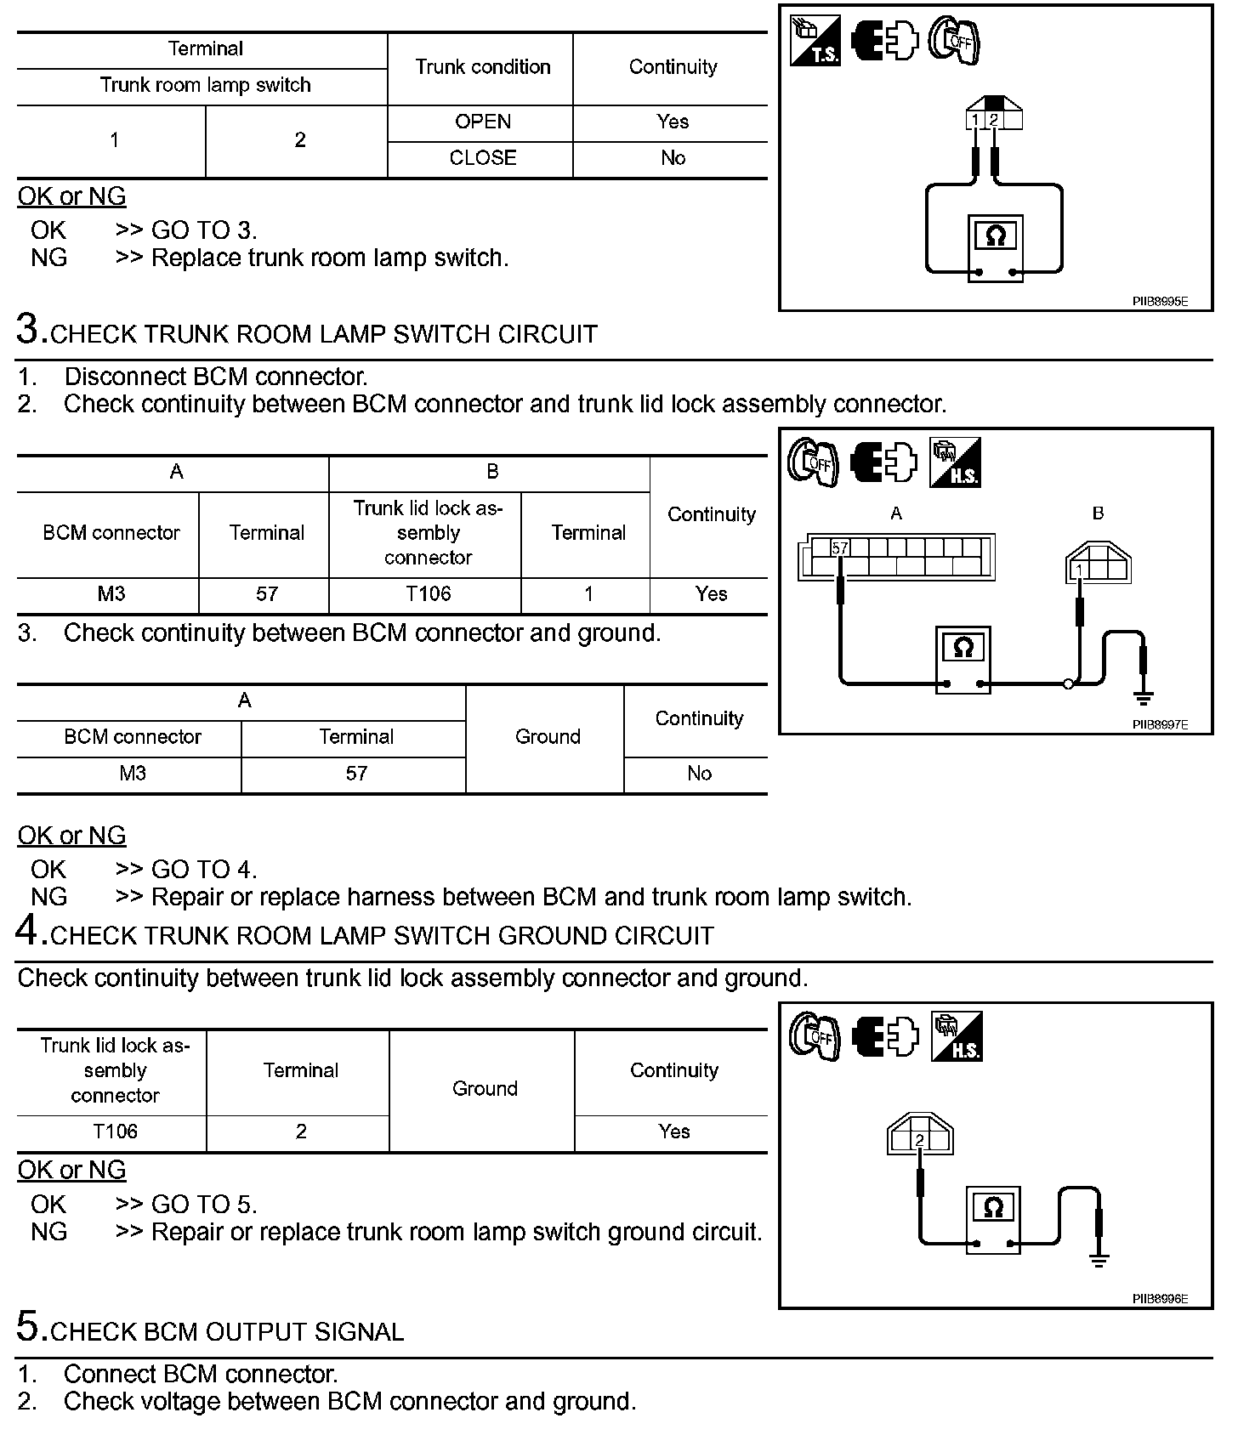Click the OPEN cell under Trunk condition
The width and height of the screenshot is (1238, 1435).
[482, 122]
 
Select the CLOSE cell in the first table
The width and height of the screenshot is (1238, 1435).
[482, 158]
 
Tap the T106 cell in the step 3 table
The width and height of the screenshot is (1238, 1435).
[428, 594]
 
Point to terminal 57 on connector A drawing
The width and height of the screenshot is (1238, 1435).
[840, 548]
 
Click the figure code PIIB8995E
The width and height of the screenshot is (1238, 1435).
[1160, 301]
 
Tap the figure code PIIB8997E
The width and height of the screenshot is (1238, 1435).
[1160, 725]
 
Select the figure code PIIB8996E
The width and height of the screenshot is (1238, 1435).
[1160, 1299]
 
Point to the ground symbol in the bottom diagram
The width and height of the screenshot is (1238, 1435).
[1099, 1260]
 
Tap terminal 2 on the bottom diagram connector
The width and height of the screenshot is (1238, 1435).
[919, 1141]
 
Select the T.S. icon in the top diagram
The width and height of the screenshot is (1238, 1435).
[815, 40]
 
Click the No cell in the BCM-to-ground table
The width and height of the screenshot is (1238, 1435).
[699, 774]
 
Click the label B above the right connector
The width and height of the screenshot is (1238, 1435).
[1098, 513]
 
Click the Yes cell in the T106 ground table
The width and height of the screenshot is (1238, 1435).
[673, 1132]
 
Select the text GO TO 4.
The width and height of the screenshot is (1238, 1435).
[203, 870]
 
